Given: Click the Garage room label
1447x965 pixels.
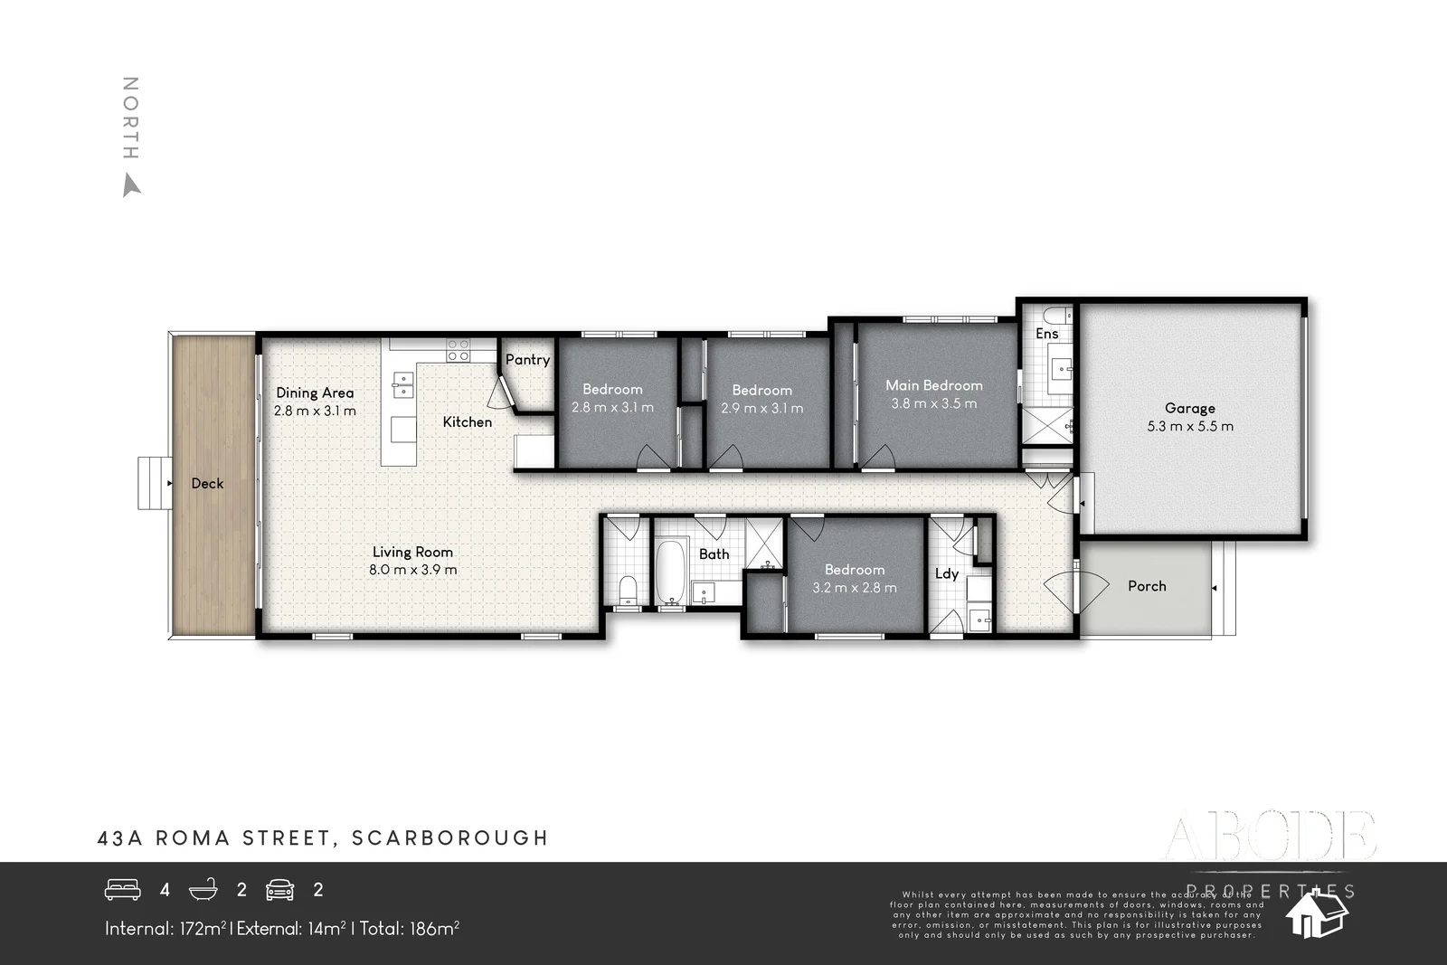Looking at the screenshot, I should pyautogui.click(x=1189, y=408).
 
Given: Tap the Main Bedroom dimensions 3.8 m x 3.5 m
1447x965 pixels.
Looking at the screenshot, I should pyautogui.click(x=933, y=404).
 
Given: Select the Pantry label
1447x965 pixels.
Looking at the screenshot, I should pyautogui.click(x=527, y=359).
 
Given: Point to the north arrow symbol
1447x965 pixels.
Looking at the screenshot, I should pyautogui.click(x=131, y=186).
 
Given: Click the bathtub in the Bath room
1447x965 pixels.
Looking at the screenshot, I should pyautogui.click(x=669, y=572).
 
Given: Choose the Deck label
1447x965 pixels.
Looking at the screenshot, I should pyautogui.click(x=207, y=483).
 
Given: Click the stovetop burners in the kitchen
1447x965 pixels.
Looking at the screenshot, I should pyautogui.click(x=458, y=350).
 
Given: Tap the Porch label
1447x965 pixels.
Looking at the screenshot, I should pyautogui.click(x=1147, y=586).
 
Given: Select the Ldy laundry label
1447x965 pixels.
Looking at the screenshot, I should pyautogui.click(x=946, y=573).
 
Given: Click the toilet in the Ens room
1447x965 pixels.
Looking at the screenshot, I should pyautogui.click(x=1054, y=316).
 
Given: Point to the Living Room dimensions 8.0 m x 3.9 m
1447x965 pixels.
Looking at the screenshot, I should pyautogui.click(x=412, y=570).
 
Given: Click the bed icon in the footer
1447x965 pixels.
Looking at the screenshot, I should pyautogui.click(x=123, y=890).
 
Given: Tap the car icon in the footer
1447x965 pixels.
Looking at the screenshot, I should pyautogui.click(x=280, y=890).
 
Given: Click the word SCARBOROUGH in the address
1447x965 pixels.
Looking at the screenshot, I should pyautogui.click(x=449, y=838).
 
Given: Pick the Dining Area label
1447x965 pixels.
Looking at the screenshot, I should pyautogui.click(x=315, y=393).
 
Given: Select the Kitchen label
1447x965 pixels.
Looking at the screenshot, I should pyautogui.click(x=468, y=421).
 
